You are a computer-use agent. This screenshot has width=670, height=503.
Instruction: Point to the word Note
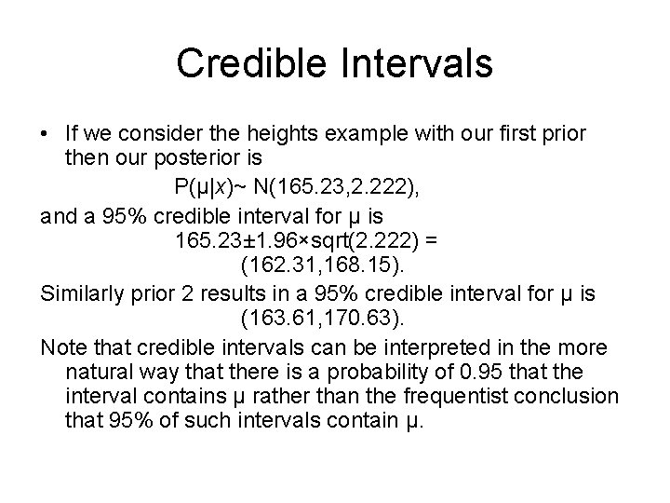pos(62,348)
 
